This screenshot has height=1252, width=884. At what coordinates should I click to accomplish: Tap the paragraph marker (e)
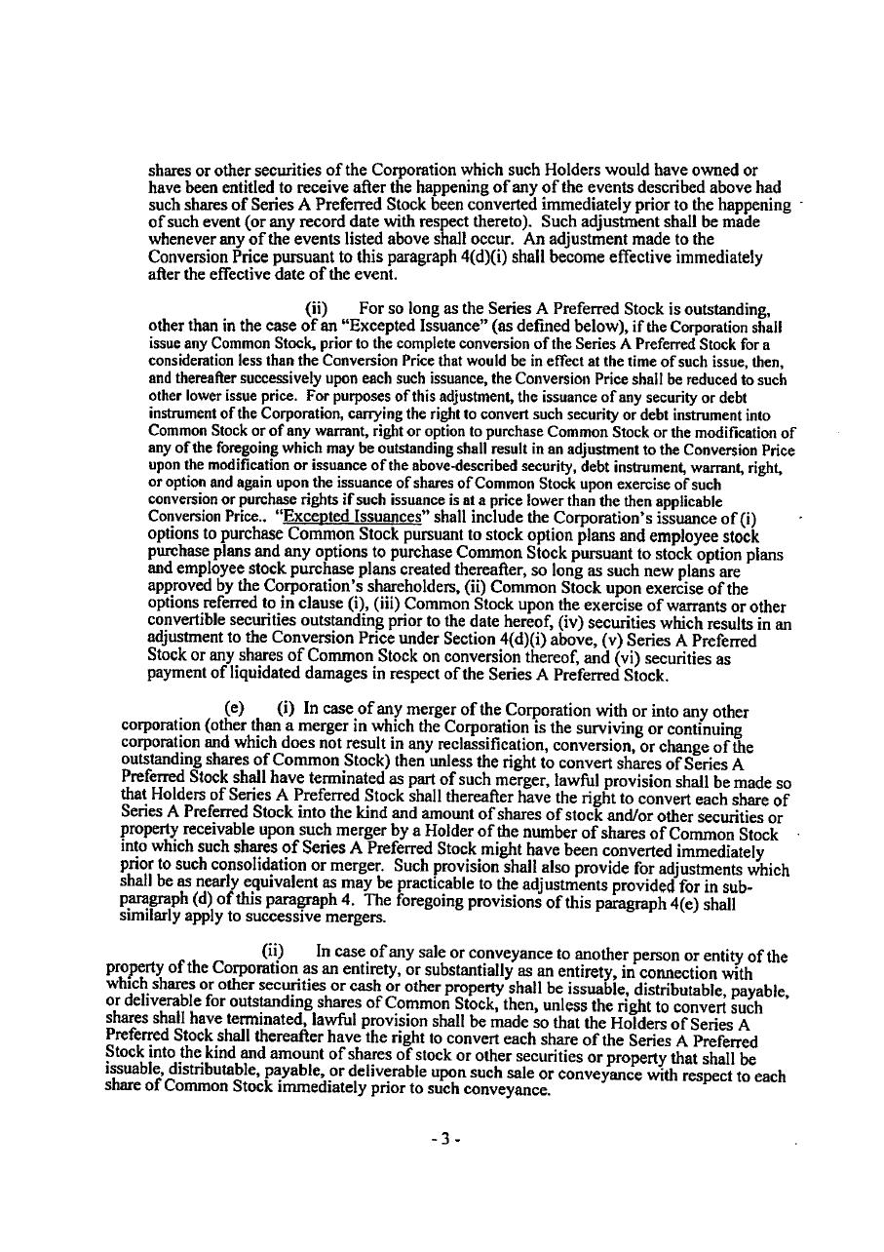coord(234,710)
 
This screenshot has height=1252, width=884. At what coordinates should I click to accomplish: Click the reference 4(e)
coord(698,902)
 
